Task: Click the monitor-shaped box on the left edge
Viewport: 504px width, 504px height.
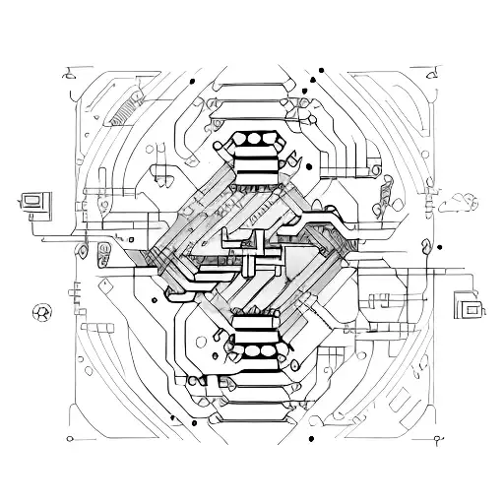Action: (x=34, y=202)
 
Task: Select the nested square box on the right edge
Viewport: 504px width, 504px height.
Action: (x=469, y=307)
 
